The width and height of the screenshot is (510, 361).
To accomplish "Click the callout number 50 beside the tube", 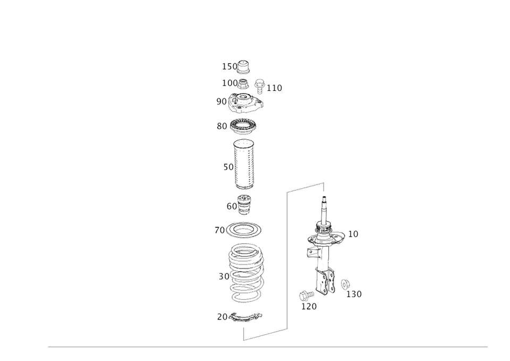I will [227, 169].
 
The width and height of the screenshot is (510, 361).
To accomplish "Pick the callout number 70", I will [218, 230].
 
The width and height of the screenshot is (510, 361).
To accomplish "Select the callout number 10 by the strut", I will [354, 234].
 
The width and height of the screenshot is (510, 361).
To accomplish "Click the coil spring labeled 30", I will [245, 276].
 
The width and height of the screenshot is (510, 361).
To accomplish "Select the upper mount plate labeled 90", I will [245, 104].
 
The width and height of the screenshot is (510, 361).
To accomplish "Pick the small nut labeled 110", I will [260, 84].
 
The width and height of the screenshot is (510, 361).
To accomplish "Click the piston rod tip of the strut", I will [324, 202].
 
